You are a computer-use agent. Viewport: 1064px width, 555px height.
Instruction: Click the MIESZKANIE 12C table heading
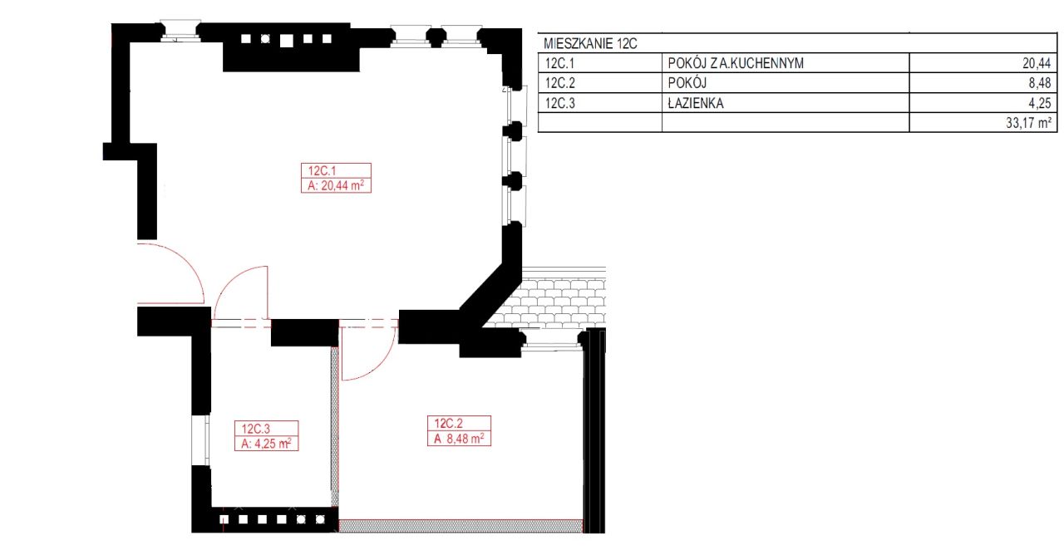coord(590,44)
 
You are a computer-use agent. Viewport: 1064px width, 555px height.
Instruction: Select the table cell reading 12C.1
coord(559,63)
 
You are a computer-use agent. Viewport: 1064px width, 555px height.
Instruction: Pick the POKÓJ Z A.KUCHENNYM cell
coord(736,63)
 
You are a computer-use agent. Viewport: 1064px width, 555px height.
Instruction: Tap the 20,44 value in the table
coord(1037,63)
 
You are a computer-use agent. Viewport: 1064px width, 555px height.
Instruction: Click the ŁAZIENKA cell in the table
coord(696,103)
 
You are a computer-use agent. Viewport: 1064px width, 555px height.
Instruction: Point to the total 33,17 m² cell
coord(1028,123)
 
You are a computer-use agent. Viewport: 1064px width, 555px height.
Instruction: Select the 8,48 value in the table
coord(1040,83)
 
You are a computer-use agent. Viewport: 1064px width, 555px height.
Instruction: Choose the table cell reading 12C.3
coord(559,103)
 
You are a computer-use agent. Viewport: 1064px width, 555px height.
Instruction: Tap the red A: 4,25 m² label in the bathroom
coord(266,444)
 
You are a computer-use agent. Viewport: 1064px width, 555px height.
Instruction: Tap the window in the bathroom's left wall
coord(201,440)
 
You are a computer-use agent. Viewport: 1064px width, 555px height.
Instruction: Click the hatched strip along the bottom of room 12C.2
coord(461,526)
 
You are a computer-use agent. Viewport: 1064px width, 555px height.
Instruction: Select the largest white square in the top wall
coord(287,41)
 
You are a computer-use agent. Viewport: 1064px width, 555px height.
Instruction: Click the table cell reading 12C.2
coord(559,83)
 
